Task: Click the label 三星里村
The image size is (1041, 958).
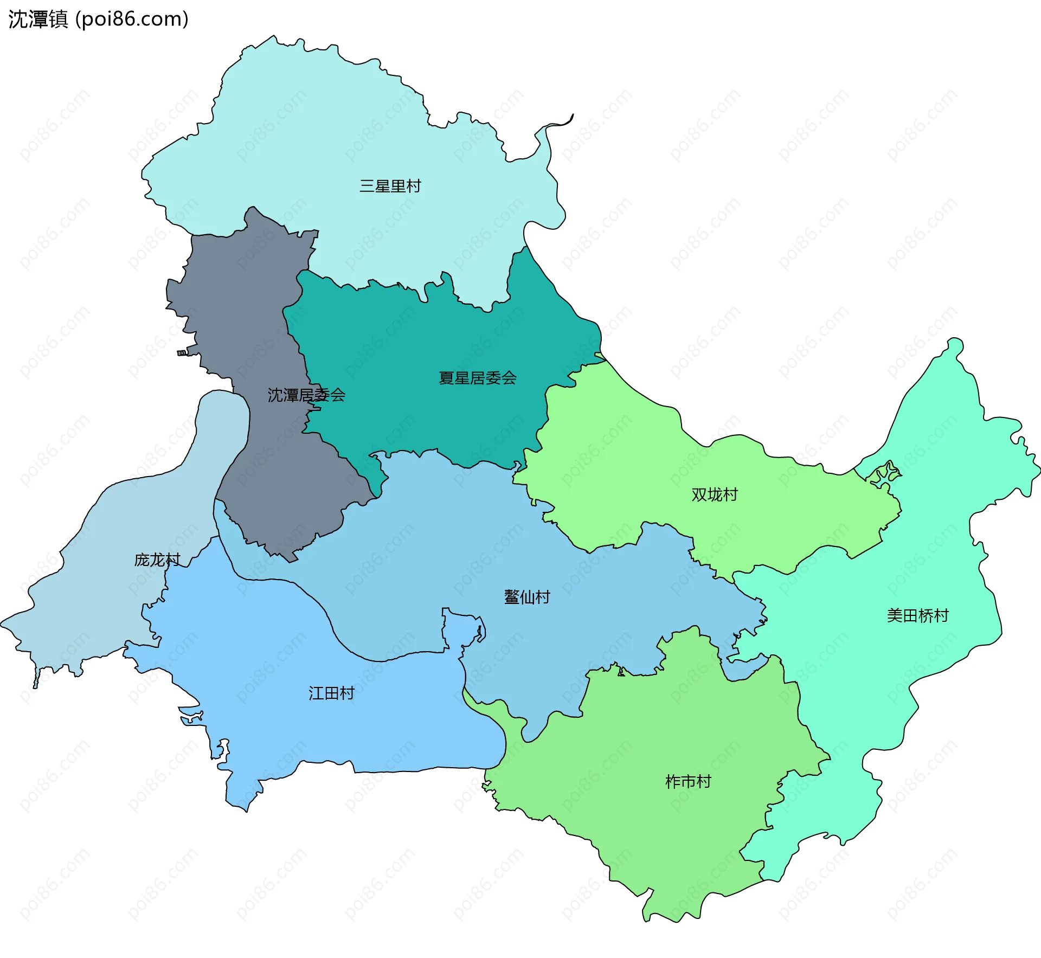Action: point(390,186)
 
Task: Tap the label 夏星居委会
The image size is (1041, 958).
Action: point(477,378)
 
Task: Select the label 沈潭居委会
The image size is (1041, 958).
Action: point(306,395)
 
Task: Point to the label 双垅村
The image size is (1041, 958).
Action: point(714,494)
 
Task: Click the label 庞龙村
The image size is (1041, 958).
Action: point(157,560)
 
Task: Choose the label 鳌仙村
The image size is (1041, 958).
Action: point(527,597)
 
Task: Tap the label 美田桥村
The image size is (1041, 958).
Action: point(917,615)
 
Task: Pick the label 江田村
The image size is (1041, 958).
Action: point(331,693)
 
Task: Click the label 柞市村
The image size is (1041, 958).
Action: point(687,781)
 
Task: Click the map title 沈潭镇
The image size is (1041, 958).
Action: point(38,19)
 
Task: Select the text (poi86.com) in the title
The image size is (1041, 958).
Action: point(132,19)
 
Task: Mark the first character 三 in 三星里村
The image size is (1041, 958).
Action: point(367,186)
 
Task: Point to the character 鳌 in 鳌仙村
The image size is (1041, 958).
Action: point(512,597)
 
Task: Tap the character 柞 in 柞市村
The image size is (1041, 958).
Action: point(672,781)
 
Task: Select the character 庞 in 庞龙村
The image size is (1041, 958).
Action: point(142,560)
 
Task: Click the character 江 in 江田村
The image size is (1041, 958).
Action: point(316,693)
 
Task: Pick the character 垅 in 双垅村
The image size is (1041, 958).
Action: point(715,494)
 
